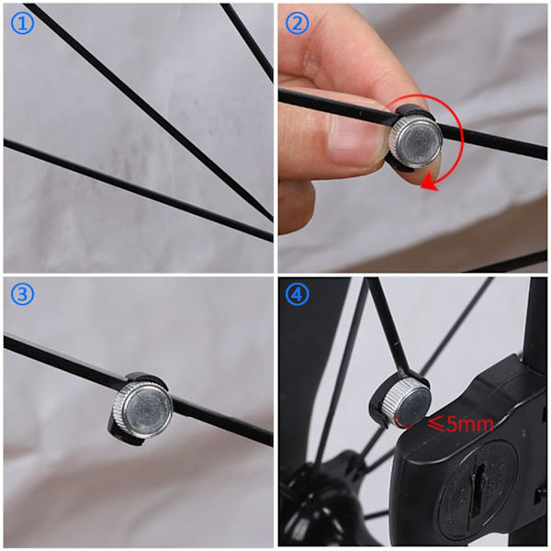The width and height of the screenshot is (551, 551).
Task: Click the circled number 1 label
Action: point(22,23)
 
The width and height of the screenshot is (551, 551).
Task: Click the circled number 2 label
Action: point(297,23)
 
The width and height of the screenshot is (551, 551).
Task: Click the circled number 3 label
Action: point(22,295)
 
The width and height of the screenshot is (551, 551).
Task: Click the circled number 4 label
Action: point(297,295)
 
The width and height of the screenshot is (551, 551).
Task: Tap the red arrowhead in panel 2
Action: point(430,185)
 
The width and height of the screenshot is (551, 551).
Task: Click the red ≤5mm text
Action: point(460,424)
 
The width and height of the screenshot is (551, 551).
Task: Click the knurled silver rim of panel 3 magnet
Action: point(118,408)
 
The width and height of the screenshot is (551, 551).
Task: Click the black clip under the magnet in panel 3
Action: point(124,434)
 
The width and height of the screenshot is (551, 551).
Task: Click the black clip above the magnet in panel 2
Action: point(415,111)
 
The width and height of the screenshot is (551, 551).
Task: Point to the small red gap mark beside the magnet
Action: point(403,423)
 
